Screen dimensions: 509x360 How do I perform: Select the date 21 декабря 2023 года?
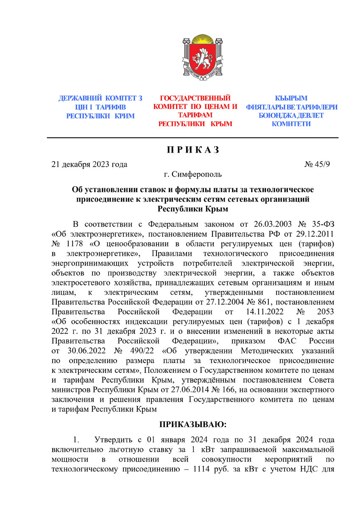click(x=89, y=165)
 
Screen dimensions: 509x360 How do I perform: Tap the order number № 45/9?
click(x=317, y=165)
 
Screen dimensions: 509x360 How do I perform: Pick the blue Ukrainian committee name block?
click(x=100, y=107)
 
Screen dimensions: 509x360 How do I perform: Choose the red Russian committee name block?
click(x=195, y=111)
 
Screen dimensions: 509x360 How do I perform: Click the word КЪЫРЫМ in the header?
click(x=291, y=98)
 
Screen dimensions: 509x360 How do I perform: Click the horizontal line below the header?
click(x=193, y=138)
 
